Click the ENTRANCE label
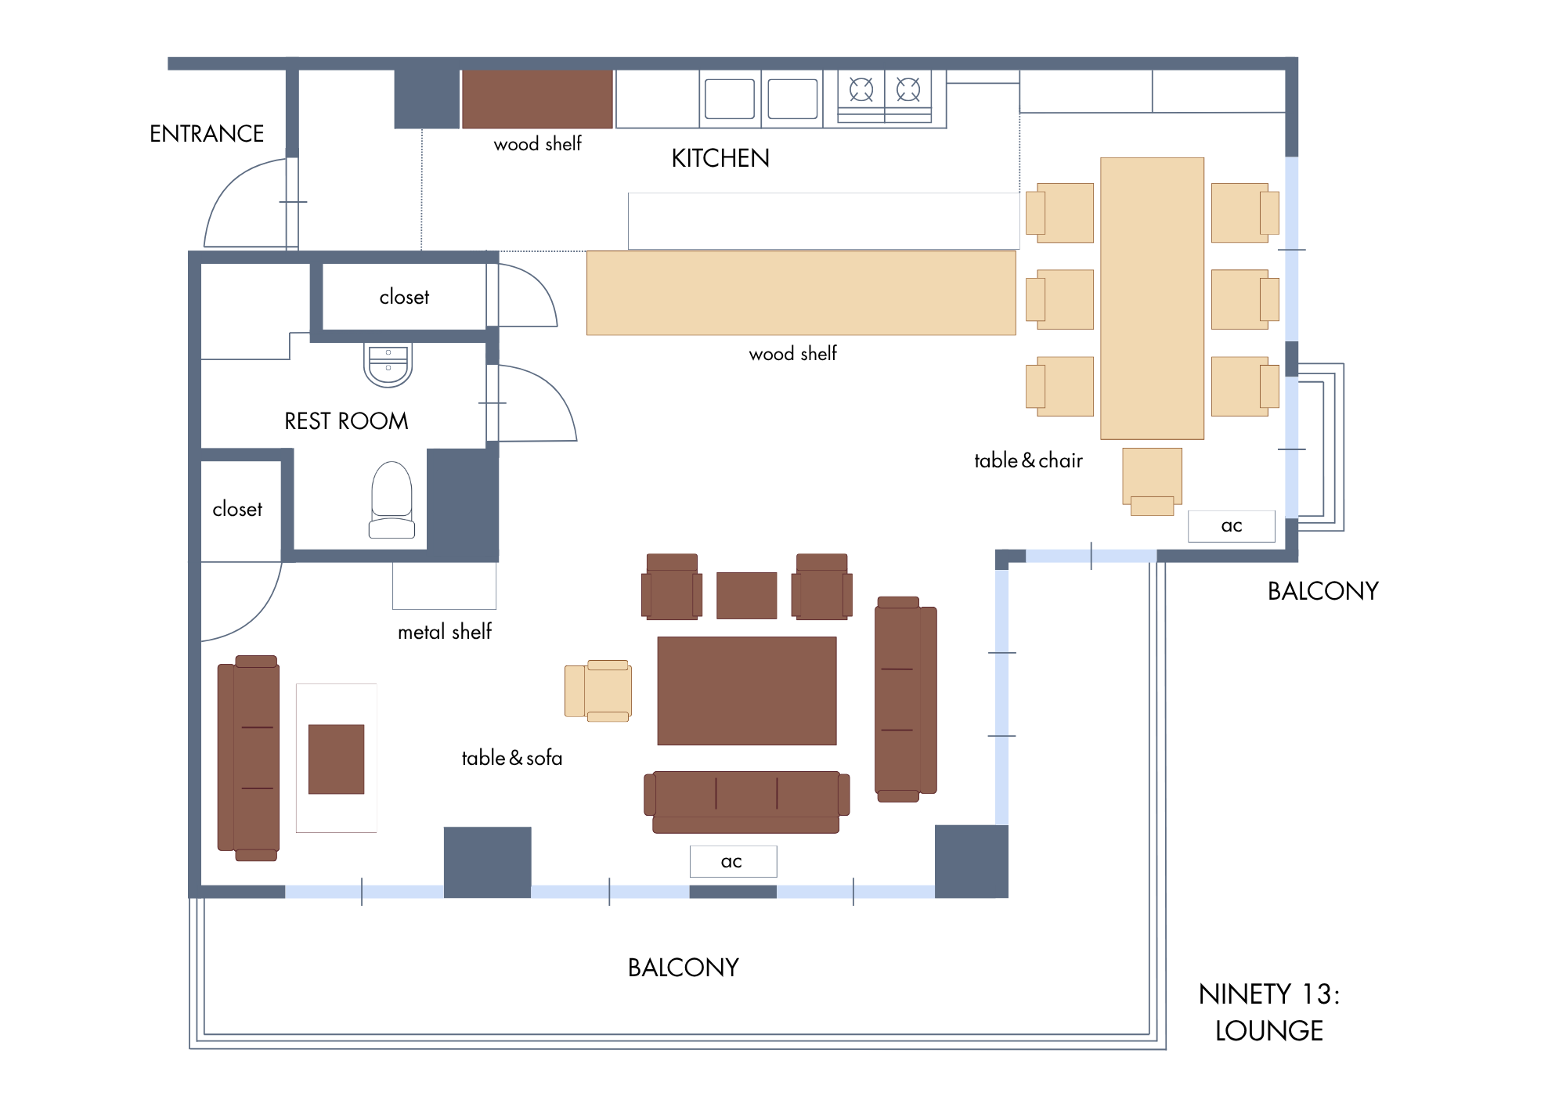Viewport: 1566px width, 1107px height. pos(207,134)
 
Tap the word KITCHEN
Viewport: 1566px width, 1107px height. pos(720,158)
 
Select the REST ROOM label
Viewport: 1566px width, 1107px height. pos(346,421)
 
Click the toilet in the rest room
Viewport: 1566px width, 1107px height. pos(391,499)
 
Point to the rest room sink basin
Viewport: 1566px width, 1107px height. pos(388,365)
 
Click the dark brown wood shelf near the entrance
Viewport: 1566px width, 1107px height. pos(537,99)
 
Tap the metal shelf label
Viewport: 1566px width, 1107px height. pos(445,632)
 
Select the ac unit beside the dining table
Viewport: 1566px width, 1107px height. pos(1232,526)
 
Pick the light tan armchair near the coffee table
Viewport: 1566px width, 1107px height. pos(598,691)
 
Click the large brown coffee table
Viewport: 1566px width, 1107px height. pos(747,691)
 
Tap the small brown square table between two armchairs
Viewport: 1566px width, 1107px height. pos(747,595)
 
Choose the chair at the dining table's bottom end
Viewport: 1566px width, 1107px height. pos(1152,481)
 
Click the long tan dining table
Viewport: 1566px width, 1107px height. pos(1152,298)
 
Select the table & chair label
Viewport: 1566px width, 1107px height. pos(1028,460)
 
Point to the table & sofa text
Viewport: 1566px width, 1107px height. pos(512,758)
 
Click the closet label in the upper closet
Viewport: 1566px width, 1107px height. pos(404,297)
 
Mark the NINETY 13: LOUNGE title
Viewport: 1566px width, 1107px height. pos(1269,1012)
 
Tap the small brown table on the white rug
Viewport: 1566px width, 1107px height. pos(336,759)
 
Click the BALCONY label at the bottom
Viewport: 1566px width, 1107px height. pos(684,968)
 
